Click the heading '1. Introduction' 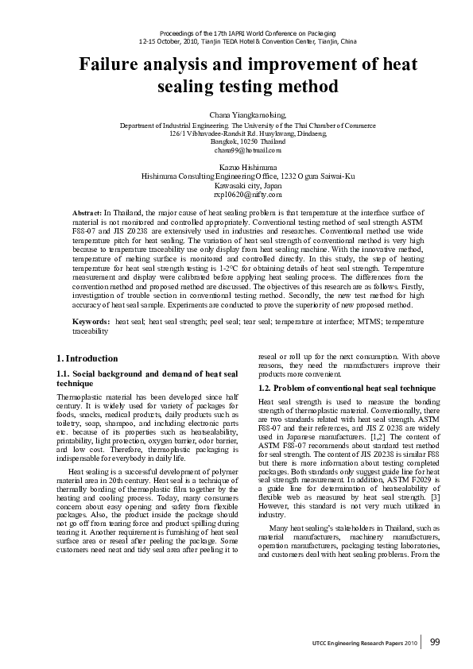pos(87,358)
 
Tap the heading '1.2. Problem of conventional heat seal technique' pos(335,387)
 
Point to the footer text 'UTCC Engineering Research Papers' pos(358,643)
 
